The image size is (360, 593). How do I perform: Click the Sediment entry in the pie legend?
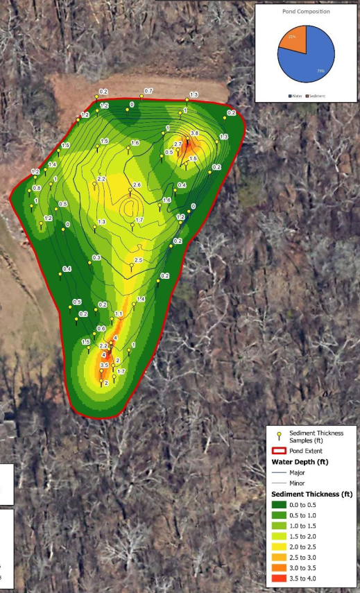point(314,96)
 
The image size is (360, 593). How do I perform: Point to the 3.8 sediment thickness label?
point(194,133)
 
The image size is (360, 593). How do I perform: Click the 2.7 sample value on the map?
point(178,144)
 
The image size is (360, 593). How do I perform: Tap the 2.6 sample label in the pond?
point(137,184)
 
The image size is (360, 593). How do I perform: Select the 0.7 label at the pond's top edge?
point(148,92)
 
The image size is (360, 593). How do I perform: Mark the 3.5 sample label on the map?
point(104,365)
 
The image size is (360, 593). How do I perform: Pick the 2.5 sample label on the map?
point(138,260)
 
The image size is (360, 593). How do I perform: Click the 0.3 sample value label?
point(96,258)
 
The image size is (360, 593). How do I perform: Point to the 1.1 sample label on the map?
point(119,313)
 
